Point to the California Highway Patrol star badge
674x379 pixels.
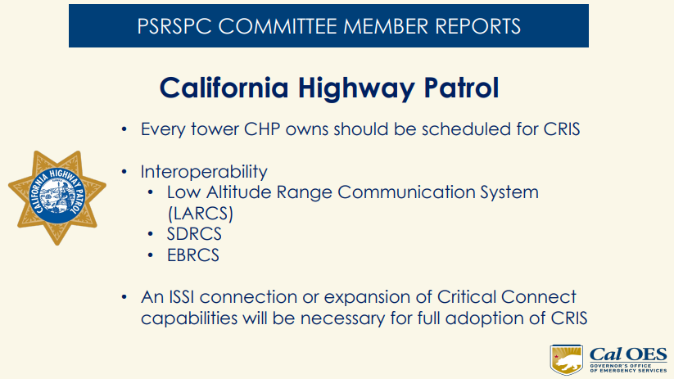(x=57, y=197)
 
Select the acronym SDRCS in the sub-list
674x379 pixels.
(x=194, y=234)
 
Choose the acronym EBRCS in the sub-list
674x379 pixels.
(x=193, y=255)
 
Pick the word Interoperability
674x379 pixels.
(x=204, y=172)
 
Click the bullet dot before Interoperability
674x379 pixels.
(x=124, y=173)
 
